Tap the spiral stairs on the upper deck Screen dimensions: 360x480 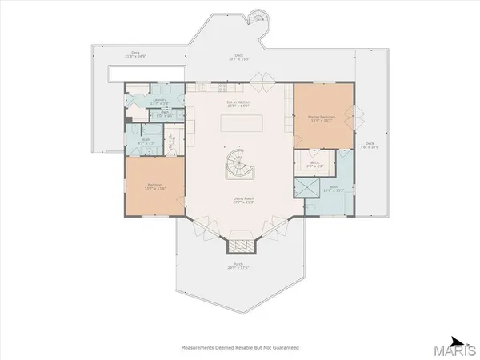[x=258, y=17]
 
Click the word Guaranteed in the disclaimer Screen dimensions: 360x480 [x=278, y=347]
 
